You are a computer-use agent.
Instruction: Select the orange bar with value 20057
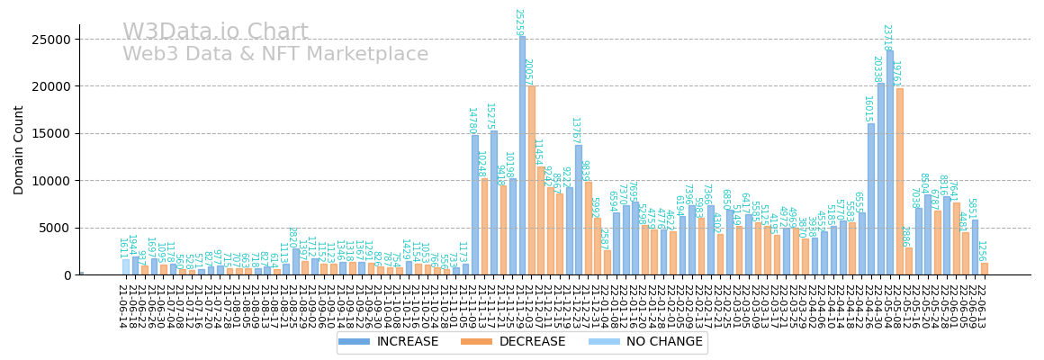tap(532, 180)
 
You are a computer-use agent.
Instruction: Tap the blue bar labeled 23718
tap(890, 162)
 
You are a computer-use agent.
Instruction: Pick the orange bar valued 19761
tap(899, 181)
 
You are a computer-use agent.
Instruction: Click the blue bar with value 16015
tap(871, 199)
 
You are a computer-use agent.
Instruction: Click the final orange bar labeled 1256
tap(984, 268)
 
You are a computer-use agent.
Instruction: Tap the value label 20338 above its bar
tap(877, 68)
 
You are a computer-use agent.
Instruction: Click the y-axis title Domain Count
tap(19, 149)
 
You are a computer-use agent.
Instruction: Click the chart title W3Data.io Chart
tap(215, 32)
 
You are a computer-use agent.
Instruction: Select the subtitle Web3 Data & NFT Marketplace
tap(275, 55)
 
